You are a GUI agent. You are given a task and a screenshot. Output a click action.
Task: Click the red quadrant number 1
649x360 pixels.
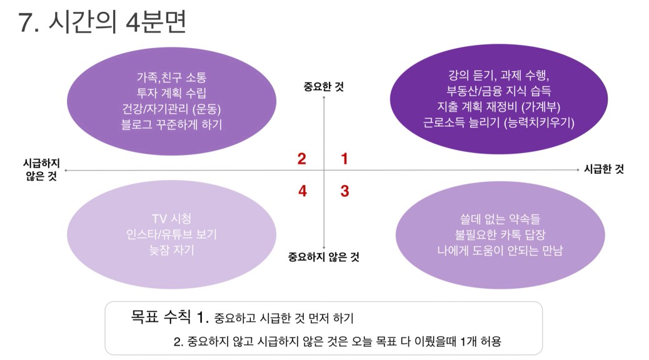tap(344, 159)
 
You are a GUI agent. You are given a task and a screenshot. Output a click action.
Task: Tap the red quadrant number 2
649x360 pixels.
tap(302, 159)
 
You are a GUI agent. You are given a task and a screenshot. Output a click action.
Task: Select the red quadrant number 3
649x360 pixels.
tap(345, 191)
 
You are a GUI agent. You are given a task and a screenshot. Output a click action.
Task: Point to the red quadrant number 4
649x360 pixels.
tap(303, 191)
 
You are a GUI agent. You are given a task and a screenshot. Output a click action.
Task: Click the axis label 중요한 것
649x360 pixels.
tap(324, 86)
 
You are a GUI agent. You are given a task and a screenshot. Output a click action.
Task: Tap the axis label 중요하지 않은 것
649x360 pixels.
tap(324, 257)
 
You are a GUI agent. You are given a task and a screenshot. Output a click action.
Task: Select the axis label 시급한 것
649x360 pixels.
tap(603, 169)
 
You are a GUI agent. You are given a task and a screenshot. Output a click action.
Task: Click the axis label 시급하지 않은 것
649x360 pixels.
tap(41, 169)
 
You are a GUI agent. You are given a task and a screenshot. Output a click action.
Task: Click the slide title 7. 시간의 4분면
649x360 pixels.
tap(103, 22)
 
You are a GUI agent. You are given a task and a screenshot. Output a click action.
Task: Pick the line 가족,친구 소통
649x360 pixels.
tap(171, 77)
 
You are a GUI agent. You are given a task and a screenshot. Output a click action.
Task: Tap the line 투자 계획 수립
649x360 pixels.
tap(171, 93)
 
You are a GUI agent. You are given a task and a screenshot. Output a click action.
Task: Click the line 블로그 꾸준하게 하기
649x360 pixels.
tap(171, 124)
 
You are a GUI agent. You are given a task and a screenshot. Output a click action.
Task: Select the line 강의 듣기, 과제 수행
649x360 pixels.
tap(499, 75)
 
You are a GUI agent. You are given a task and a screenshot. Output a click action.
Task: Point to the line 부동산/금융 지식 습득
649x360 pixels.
tap(499, 91)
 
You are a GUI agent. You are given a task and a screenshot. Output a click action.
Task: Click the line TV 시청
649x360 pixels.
tap(171, 219)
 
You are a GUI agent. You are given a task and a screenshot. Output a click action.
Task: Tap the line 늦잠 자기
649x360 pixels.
tap(171, 250)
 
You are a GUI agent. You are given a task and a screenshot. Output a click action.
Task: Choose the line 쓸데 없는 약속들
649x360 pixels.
tap(500, 219)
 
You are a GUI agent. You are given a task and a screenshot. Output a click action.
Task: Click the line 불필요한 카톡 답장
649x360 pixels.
tap(500, 234)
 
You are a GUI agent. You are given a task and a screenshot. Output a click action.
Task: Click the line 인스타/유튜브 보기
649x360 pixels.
tap(171, 234)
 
